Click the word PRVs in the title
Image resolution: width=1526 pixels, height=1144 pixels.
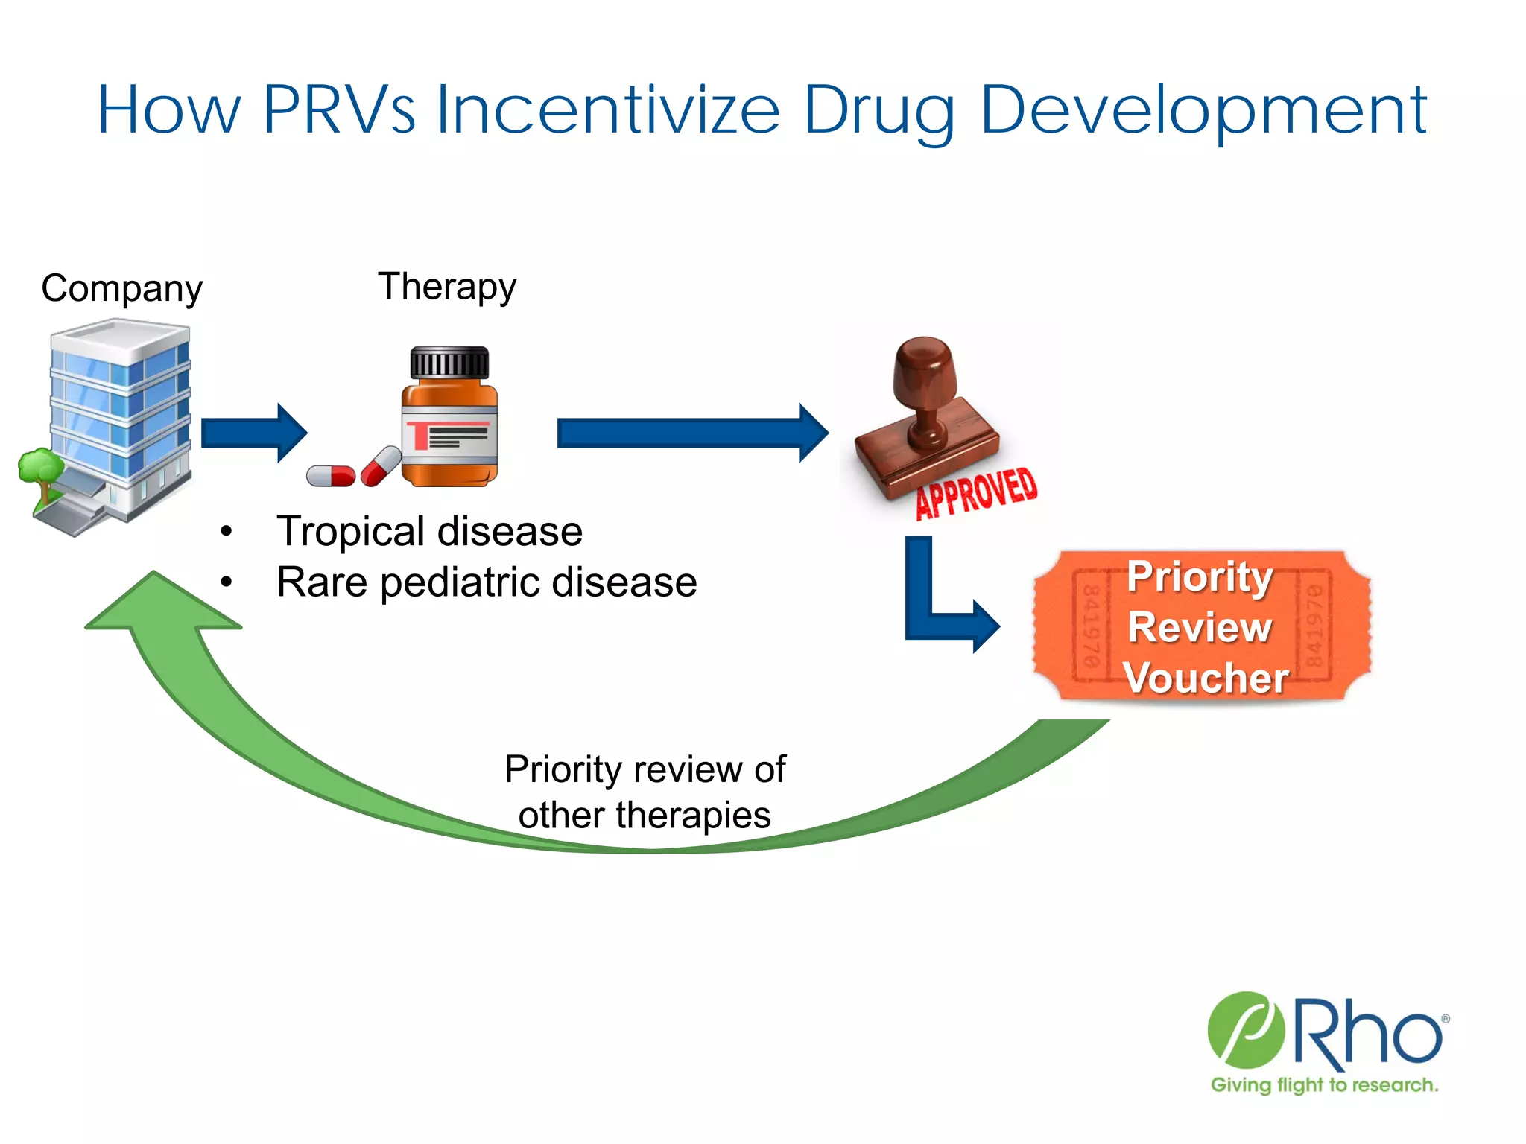click(x=339, y=110)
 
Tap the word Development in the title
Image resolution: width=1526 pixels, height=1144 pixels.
click(x=1203, y=110)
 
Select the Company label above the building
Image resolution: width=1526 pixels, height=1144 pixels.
click(x=121, y=288)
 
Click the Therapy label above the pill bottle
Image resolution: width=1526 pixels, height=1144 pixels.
click(x=447, y=287)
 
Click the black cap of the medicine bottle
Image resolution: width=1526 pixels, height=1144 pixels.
click(x=449, y=363)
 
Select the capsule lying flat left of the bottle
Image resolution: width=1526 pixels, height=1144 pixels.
click(x=331, y=475)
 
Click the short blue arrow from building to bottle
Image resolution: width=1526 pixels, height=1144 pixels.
click(x=253, y=433)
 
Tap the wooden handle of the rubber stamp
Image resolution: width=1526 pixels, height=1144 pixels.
click(x=924, y=387)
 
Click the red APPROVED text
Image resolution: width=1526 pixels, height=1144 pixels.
click(x=976, y=492)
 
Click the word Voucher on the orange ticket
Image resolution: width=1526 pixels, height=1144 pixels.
click(x=1206, y=678)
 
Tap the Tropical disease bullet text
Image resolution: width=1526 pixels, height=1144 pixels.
click(x=429, y=531)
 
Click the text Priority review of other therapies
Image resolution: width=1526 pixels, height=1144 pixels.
click(x=645, y=792)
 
